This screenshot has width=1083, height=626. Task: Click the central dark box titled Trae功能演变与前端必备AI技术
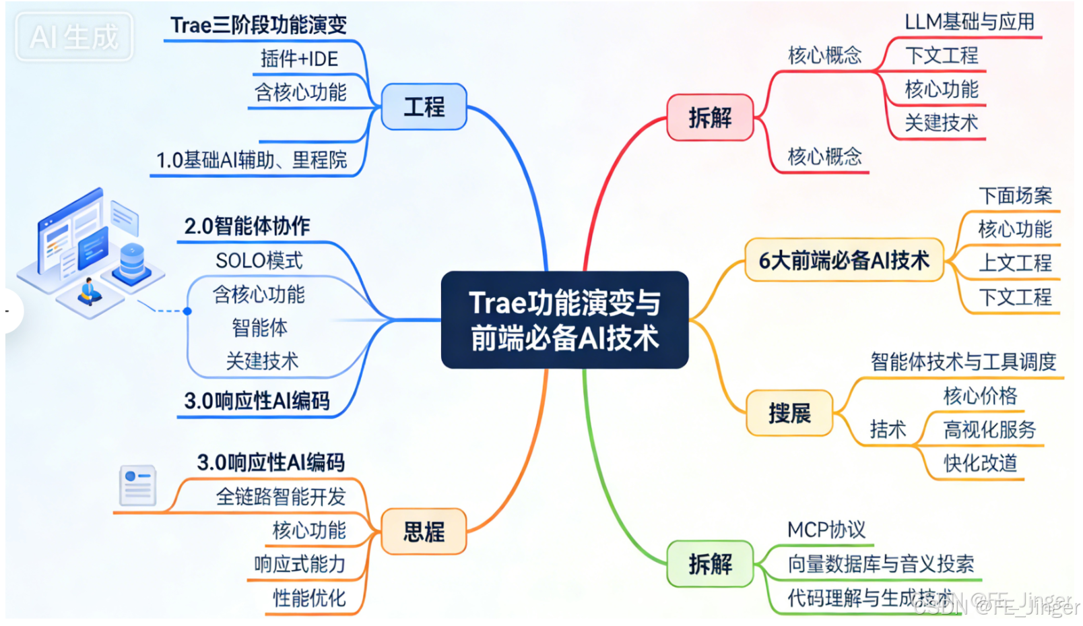click(564, 320)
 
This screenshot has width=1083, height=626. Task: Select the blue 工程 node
click(424, 106)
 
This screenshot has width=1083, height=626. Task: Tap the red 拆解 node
click(710, 118)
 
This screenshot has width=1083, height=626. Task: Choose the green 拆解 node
click(710, 563)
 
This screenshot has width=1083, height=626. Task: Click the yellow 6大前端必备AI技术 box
click(844, 260)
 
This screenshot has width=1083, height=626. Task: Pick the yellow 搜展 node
click(789, 413)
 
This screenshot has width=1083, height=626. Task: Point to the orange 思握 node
click(424, 532)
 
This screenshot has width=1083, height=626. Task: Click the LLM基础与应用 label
click(969, 22)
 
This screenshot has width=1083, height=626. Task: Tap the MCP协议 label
click(826, 530)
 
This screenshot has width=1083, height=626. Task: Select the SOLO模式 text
click(259, 260)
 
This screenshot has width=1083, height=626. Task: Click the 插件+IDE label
click(299, 59)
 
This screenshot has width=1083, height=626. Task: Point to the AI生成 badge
click(74, 36)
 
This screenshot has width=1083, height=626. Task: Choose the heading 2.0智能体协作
click(247, 226)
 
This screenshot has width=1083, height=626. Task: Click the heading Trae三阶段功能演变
click(258, 25)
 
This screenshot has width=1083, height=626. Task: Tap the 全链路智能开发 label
click(280, 497)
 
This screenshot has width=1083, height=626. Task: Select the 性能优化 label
click(309, 598)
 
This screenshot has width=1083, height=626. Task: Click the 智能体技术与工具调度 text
click(963, 362)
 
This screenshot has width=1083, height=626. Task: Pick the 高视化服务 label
click(989, 429)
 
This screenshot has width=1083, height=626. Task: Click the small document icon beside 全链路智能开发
click(137, 485)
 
